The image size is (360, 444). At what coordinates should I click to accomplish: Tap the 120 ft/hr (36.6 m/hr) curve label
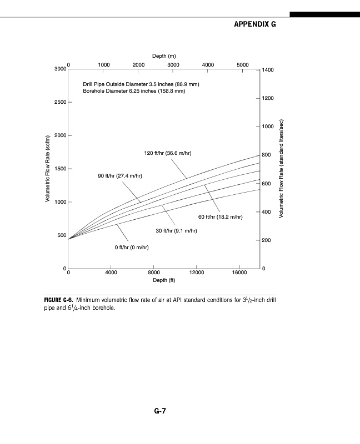click(167, 153)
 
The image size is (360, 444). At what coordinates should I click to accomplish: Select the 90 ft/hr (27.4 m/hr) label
click(120, 176)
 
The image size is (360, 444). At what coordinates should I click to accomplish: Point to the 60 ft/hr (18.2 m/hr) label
click(221, 216)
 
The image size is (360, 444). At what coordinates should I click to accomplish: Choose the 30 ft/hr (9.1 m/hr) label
click(176, 230)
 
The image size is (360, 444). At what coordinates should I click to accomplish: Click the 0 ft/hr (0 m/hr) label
click(131, 247)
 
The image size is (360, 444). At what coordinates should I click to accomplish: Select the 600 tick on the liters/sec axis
click(267, 184)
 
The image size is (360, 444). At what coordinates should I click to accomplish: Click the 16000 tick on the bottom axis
click(239, 273)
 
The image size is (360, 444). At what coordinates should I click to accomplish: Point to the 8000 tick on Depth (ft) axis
click(154, 273)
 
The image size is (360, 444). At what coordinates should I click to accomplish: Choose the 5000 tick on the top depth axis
click(242, 64)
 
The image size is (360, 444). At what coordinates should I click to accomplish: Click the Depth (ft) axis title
click(164, 280)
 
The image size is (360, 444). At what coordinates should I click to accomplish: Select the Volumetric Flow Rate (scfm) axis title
click(48, 169)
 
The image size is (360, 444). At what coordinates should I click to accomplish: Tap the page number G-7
click(161, 411)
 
